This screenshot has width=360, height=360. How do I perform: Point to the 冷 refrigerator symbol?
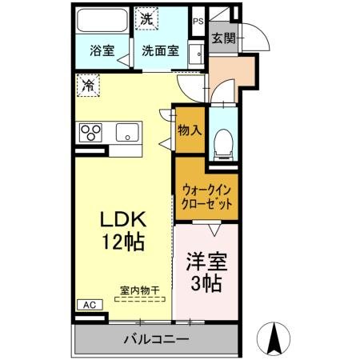coord(87,83)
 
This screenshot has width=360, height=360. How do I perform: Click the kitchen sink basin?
coord(127,131)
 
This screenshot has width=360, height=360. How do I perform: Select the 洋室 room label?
coord(206,261)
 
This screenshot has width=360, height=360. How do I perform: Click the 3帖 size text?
coord(206,282)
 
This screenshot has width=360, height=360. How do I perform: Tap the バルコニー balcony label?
coord(156,340)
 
